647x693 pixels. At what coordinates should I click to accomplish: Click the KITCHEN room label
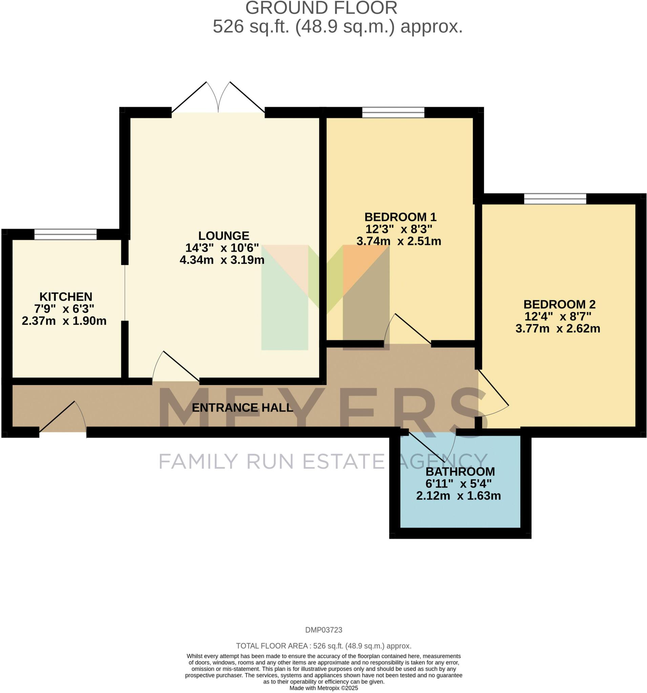point(66,297)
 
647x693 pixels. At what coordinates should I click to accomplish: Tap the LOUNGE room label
point(224,236)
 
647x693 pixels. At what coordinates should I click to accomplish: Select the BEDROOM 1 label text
point(400,217)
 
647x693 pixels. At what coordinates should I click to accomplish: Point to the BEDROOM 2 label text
point(559,304)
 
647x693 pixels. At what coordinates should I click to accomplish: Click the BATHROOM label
point(460,472)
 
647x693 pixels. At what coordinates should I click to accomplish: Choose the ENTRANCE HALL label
point(242,407)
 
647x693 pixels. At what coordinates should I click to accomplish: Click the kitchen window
point(65,234)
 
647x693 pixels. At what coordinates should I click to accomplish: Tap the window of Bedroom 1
point(393,113)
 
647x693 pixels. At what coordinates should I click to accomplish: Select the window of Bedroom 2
point(555,199)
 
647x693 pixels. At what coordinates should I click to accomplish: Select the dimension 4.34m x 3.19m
point(222,260)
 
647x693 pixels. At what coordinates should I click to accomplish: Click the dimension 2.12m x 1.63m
point(458,496)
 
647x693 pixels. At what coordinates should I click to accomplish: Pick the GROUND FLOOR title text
point(321,8)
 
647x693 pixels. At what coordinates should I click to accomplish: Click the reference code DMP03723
point(323,630)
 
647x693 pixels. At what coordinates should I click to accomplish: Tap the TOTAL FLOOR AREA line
point(323,646)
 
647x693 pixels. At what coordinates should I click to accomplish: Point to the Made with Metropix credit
point(323,688)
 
